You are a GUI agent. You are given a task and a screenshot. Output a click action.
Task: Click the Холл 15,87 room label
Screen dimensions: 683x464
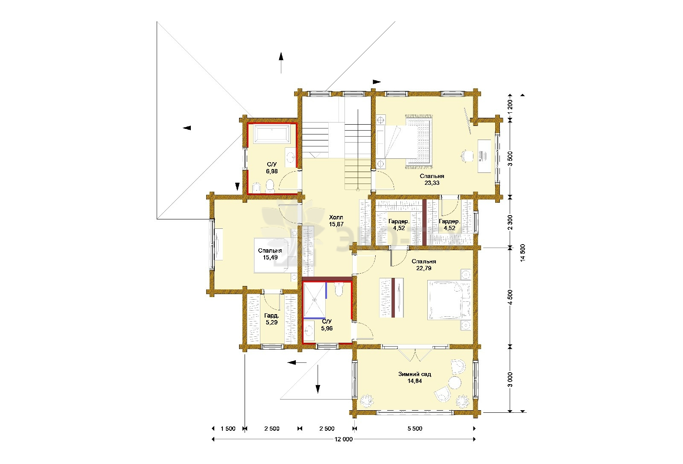[x=336, y=221]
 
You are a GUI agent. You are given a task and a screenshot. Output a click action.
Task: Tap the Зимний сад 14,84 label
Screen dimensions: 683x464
[x=414, y=377]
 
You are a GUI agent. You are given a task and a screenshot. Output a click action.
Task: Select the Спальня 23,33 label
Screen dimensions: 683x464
[x=432, y=179]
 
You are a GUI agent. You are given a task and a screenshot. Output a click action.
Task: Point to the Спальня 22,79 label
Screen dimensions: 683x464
[x=423, y=265]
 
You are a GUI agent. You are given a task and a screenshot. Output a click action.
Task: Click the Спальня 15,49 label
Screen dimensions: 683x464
[x=270, y=254]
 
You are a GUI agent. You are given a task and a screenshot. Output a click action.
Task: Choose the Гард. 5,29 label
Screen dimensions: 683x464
[x=271, y=319]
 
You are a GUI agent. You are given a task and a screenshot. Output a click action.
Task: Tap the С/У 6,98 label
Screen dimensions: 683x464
[x=271, y=168]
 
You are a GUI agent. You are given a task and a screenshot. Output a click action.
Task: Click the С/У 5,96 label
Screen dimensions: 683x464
[x=327, y=325]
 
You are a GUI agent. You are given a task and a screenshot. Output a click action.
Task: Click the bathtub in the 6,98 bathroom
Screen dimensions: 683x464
[x=271, y=134]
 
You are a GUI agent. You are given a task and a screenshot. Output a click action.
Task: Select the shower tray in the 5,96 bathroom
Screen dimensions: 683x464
[x=315, y=300]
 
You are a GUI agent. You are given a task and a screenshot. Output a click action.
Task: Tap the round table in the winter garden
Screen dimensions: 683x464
[x=454, y=382]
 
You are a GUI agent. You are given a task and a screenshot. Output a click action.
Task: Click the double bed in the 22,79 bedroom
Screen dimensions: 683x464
[x=449, y=300]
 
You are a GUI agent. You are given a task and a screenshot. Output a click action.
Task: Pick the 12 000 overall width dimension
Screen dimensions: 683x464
[x=343, y=439]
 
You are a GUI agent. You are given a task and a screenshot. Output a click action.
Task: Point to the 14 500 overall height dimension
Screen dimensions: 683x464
[x=523, y=253]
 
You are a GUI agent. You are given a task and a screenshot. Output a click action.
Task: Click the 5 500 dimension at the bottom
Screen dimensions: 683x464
[x=414, y=429]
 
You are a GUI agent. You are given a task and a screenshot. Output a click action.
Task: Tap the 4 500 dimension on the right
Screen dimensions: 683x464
[x=510, y=297]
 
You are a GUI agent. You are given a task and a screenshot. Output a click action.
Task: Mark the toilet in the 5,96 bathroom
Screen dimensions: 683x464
[x=339, y=289]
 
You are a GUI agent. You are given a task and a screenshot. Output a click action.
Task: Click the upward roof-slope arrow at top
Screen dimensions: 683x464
[x=281, y=63]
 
